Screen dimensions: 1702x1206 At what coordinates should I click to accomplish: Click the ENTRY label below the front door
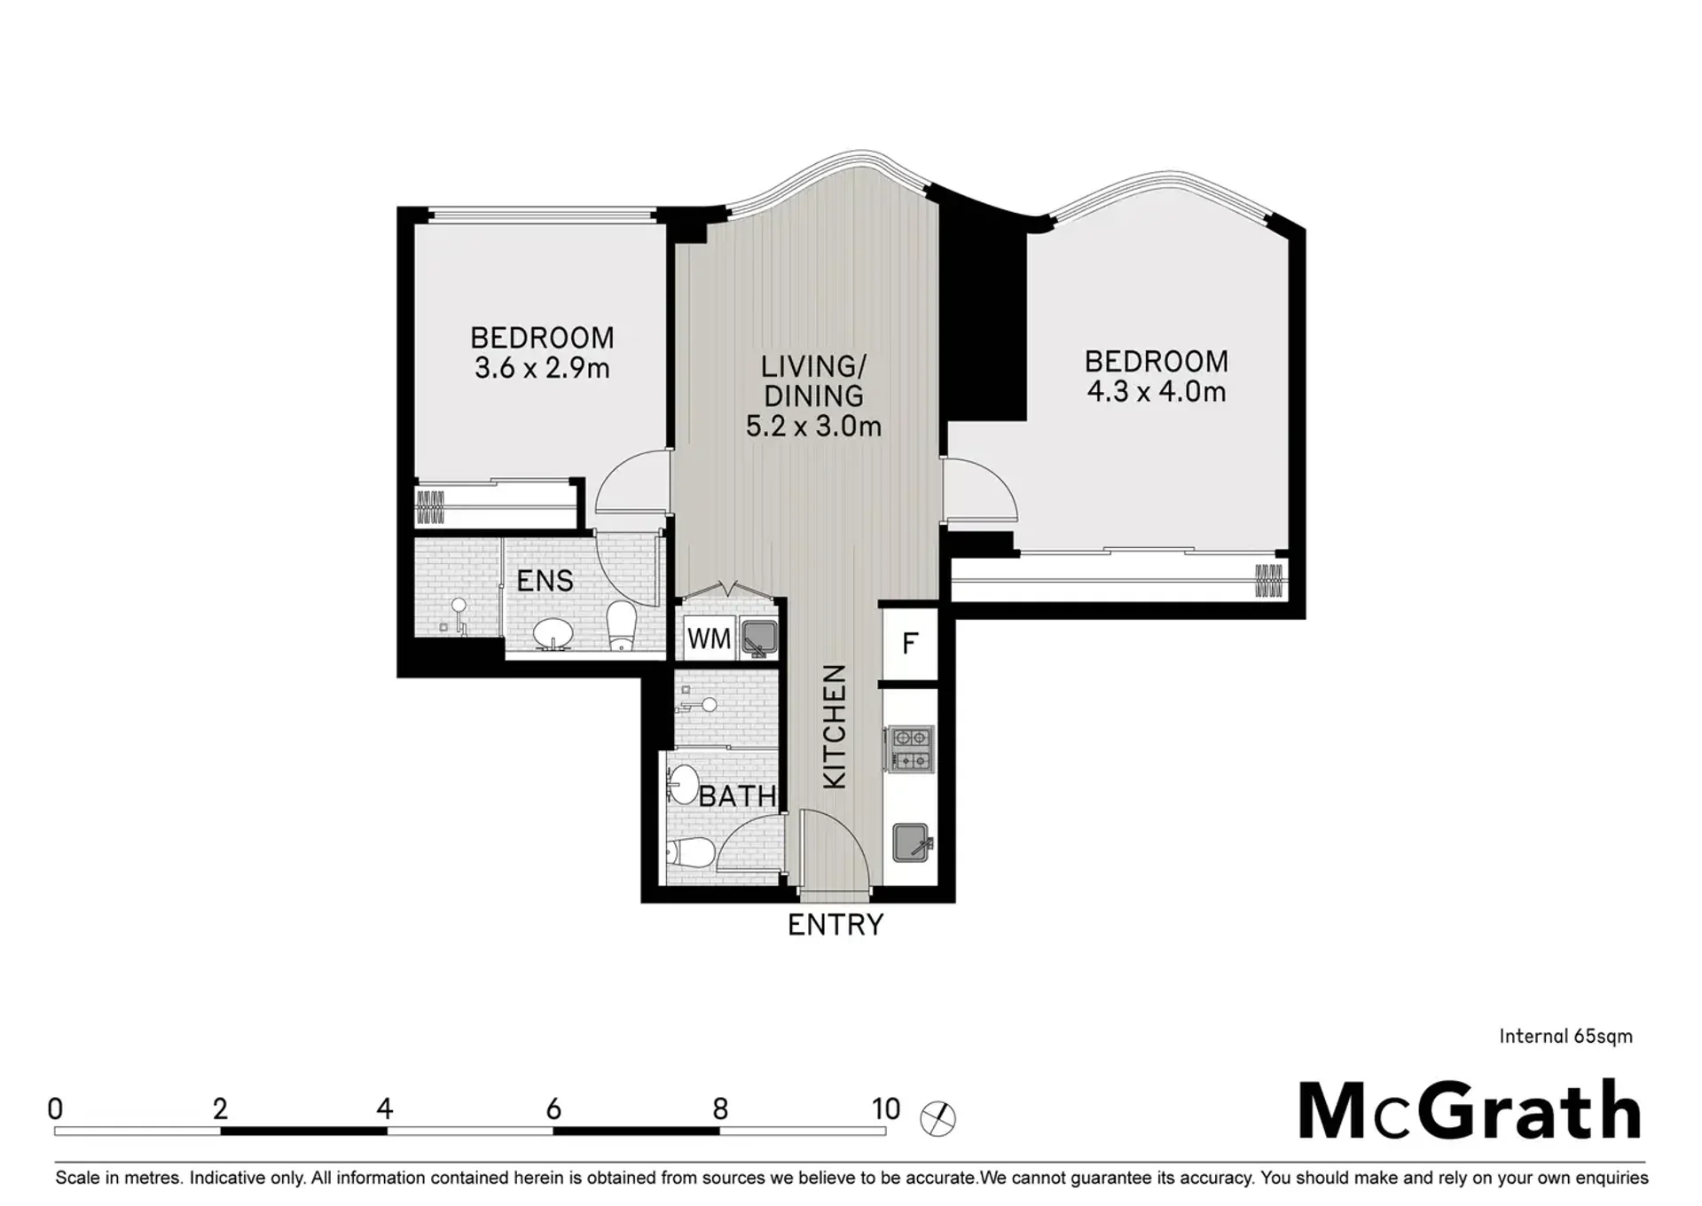click(835, 925)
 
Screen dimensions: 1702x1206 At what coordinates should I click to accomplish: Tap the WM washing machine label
click(709, 638)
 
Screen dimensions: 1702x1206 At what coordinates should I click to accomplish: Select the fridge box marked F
click(910, 643)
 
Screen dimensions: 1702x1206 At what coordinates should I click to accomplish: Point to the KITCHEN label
click(835, 726)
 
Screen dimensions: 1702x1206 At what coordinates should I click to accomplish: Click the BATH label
click(738, 796)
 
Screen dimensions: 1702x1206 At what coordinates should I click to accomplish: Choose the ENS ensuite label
click(545, 581)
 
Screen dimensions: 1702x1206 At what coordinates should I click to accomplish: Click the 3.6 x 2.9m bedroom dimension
click(542, 368)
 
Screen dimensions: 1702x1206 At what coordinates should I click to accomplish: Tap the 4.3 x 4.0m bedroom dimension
click(1157, 391)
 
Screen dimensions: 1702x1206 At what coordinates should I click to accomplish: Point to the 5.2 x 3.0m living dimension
click(813, 427)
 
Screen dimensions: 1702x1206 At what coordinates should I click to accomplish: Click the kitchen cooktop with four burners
click(910, 748)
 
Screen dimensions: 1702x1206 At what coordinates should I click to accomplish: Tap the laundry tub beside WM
click(759, 638)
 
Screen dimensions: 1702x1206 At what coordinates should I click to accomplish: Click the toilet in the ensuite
click(621, 626)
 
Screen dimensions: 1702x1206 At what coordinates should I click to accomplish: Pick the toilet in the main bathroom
click(691, 853)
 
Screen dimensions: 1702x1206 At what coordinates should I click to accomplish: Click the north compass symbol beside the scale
click(937, 1118)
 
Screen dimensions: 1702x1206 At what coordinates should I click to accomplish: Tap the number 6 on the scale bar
click(553, 1108)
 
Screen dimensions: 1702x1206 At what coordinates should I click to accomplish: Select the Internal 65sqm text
click(1565, 1036)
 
